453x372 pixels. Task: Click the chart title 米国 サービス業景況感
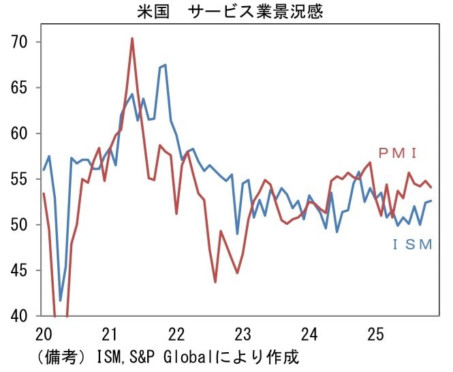coord(227,11)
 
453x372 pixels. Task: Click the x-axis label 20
coord(44,335)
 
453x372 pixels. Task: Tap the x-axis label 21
coord(110,335)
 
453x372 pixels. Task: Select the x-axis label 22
coord(177,335)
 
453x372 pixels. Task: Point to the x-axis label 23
coord(243,335)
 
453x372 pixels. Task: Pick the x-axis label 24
coord(310,335)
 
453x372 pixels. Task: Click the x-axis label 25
coord(376,335)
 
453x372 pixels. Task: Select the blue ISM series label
coord(413,244)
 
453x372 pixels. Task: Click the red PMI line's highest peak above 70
coord(132,38)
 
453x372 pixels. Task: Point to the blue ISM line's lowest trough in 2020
coord(61,300)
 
